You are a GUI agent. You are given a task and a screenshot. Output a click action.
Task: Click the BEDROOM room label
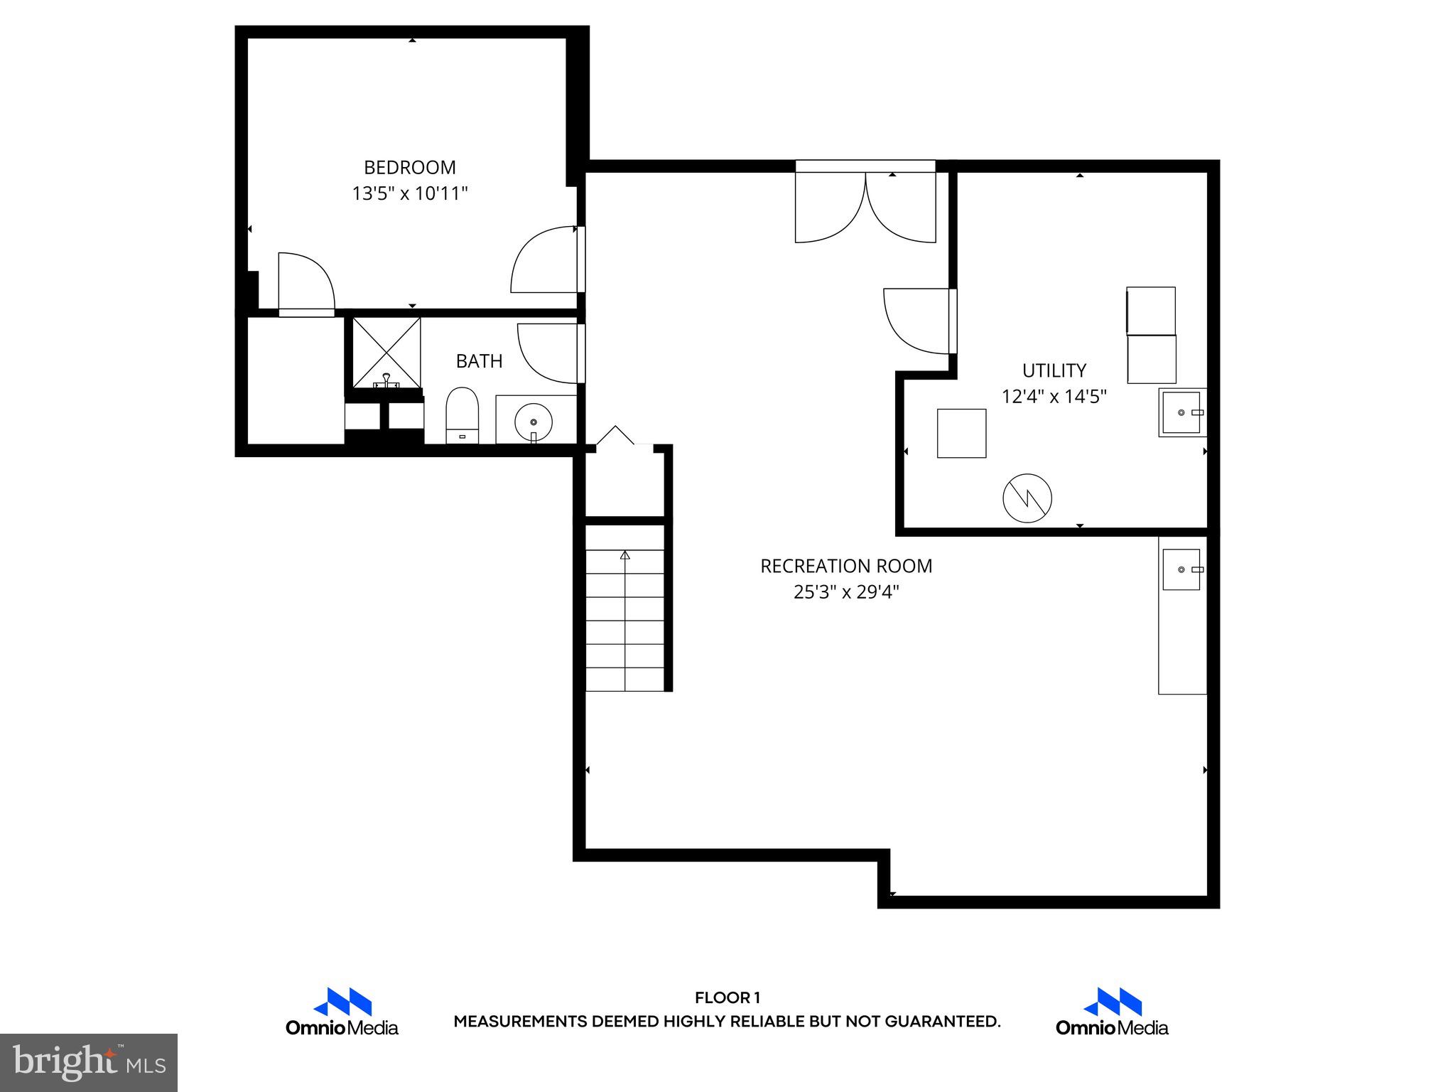coord(410,168)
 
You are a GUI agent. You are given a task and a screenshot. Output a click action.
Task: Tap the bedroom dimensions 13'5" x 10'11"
coord(410,193)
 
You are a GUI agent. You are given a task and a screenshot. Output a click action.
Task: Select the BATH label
coord(479,361)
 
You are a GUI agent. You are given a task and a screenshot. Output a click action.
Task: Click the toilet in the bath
coord(462,415)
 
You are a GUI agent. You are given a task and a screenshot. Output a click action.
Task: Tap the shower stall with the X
coord(386,352)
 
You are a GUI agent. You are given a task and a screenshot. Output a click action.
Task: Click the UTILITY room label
coord(1054,370)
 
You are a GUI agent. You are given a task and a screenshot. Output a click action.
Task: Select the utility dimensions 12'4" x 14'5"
coord(1054,397)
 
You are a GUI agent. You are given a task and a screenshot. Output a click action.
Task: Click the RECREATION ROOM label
coord(845,567)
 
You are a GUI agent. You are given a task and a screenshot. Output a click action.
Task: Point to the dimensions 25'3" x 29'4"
coord(845,592)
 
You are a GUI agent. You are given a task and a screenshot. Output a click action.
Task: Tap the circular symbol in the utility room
coord(1027,499)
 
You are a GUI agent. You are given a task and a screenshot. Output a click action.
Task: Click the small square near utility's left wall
coord(961,433)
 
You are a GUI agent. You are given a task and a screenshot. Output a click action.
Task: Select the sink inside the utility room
coord(1181,412)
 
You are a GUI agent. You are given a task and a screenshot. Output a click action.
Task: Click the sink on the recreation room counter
coord(1181,569)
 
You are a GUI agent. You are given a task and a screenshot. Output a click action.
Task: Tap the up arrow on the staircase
coord(625,555)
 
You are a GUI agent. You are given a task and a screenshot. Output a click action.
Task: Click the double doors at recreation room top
coord(865,206)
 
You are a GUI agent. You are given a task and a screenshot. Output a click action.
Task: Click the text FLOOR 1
coord(727,998)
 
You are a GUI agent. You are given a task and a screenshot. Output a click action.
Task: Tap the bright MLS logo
coord(88,1062)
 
